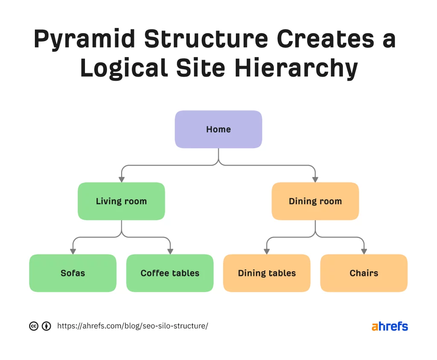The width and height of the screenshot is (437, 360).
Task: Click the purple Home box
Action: click(x=218, y=129)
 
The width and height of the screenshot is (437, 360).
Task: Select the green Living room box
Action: click(x=121, y=201)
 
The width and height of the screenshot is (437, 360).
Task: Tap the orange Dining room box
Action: click(x=315, y=201)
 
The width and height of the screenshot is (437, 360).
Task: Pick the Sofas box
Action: click(x=73, y=273)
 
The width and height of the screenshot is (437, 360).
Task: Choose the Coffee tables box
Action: click(x=170, y=273)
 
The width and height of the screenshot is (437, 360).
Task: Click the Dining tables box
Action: click(x=267, y=273)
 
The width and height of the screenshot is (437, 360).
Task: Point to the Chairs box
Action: click(x=364, y=273)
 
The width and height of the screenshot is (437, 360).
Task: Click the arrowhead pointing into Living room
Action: click(x=122, y=179)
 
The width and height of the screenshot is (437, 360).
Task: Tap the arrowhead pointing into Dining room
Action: click(x=315, y=179)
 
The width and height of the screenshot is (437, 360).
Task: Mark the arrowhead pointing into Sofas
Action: click(x=73, y=251)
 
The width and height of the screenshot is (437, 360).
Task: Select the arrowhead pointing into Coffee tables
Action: click(x=170, y=251)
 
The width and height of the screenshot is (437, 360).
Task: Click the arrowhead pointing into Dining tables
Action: click(x=267, y=251)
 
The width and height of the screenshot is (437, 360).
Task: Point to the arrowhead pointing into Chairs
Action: click(x=364, y=251)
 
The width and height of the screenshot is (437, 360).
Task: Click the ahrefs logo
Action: click(x=390, y=327)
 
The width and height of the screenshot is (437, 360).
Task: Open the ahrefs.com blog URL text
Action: click(x=132, y=326)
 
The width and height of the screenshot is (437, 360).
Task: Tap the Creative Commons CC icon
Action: click(x=34, y=326)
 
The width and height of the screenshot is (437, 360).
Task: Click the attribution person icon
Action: click(x=46, y=326)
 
